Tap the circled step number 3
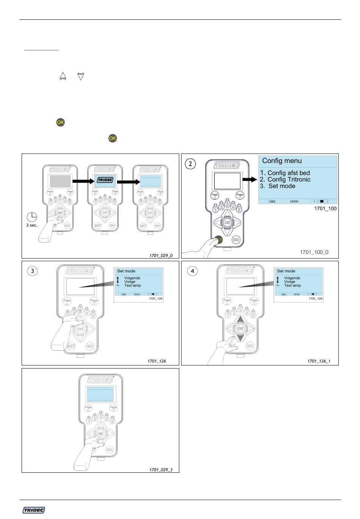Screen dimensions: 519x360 point(34,271)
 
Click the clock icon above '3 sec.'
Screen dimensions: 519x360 point(32,217)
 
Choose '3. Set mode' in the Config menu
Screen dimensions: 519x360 point(277,186)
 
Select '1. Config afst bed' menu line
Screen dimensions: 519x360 point(285,173)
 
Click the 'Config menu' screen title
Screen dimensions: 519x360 point(282,161)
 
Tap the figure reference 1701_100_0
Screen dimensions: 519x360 point(314,252)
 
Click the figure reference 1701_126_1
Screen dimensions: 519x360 point(319,361)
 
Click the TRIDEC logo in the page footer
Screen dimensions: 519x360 point(34,510)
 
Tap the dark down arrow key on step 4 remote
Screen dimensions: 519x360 point(240,337)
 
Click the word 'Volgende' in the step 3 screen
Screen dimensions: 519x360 point(132,278)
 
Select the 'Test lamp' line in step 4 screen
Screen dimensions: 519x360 point(292,285)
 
